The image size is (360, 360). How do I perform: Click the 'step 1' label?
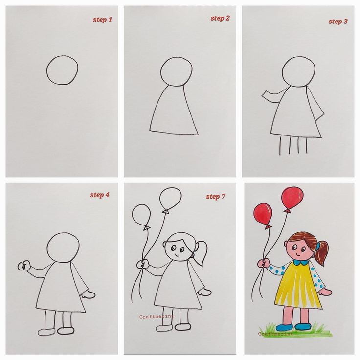(103, 20)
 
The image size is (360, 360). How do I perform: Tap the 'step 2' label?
(220, 19)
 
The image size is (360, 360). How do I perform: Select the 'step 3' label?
(338, 22)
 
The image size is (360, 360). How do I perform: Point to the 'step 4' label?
(100, 195)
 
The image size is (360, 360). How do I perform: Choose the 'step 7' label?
(216, 197)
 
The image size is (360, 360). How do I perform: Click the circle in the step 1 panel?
(62, 70)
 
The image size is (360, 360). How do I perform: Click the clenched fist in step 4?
(22, 266)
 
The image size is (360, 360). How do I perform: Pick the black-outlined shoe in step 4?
(66, 330)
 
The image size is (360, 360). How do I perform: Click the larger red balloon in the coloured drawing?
(292, 198)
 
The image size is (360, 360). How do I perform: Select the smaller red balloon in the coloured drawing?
(264, 214)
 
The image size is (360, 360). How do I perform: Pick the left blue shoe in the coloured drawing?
(284, 327)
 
